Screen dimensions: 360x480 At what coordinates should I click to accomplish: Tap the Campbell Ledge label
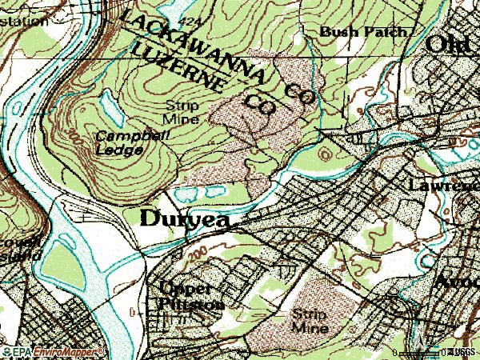coord(119,142)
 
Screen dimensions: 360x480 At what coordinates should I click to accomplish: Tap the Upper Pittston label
coord(189,295)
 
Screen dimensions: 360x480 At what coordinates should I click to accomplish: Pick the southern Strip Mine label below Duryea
coord(310,321)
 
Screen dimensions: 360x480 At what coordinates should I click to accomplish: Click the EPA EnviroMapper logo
coord(53,351)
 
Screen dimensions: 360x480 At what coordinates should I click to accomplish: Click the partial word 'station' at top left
coord(24,22)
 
